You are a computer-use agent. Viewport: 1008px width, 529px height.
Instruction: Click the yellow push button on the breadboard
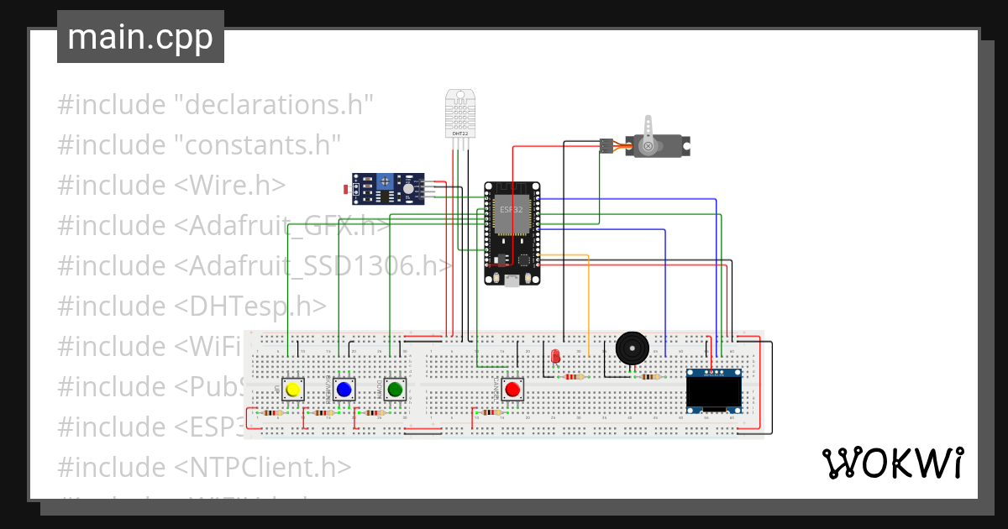(292, 390)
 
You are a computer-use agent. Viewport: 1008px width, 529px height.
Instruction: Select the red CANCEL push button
(512, 390)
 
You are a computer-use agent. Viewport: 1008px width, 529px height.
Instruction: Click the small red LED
(554, 356)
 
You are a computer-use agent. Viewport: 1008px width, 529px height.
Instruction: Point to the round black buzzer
(633, 347)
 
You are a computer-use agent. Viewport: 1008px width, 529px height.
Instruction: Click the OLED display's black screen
(713, 390)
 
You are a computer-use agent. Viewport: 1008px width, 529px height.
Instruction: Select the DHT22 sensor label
(459, 133)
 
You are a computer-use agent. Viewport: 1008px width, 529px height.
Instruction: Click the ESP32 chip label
(510, 208)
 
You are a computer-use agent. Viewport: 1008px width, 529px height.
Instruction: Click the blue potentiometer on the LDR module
(386, 181)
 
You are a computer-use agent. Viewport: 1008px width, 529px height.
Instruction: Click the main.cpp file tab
(140, 37)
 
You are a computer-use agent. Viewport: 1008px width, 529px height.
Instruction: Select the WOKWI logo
(893, 462)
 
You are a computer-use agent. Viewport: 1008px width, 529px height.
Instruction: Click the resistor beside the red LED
(574, 377)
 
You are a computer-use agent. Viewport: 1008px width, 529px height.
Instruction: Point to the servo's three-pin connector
(605, 146)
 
